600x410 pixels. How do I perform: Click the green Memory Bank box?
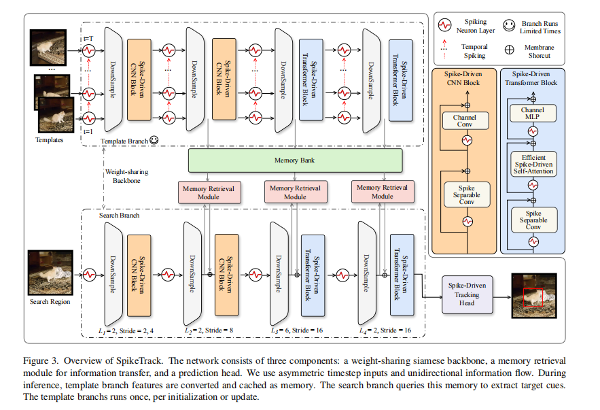[295, 160]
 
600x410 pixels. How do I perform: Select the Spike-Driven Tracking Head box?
[467, 294]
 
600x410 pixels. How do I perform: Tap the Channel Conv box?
[465, 120]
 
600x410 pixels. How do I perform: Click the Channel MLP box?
[533, 114]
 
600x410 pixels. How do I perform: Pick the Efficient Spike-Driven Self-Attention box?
[533, 165]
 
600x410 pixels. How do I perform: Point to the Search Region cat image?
[50, 273]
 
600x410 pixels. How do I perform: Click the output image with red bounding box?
[534, 296]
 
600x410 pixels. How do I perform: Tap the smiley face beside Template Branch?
[154, 140]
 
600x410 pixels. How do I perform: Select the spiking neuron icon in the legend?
[444, 25]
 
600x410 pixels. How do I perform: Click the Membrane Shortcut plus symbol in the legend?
[510, 50]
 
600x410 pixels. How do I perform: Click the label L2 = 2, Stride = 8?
[209, 330]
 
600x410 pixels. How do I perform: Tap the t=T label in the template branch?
[88, 39]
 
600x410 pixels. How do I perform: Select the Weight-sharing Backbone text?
[126, 176]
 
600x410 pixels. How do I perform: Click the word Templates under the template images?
[50, 140]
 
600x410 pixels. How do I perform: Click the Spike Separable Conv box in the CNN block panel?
[467, 195]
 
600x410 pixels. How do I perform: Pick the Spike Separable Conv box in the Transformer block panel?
[534, 220]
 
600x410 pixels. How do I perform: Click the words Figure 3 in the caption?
[41, 360]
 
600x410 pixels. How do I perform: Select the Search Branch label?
[120, 215]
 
